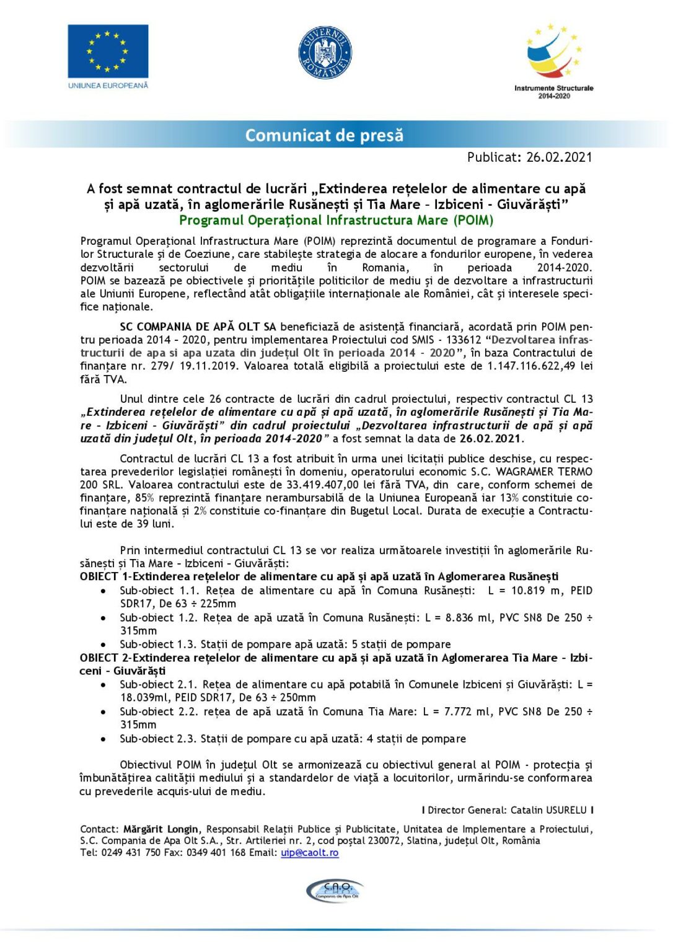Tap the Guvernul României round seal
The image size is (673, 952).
[325, 53]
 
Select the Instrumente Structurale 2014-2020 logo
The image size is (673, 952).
[553, 61]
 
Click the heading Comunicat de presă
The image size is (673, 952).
[324, 135]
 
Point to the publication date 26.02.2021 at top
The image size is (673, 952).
[559, 157]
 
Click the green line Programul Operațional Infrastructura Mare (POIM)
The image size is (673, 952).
[336, 221]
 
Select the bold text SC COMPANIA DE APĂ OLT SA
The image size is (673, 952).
[198, 327]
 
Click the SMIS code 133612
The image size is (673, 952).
[464, 340]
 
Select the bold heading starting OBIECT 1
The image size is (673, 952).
[319, 576]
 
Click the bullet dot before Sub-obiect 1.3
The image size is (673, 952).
[103, 645]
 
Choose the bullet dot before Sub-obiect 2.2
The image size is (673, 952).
[103, 712]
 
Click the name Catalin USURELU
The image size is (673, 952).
[548, 810]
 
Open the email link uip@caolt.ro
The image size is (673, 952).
[310, 853]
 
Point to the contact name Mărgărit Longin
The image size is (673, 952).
[161, 829]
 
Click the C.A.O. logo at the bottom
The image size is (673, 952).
[335, 891]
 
